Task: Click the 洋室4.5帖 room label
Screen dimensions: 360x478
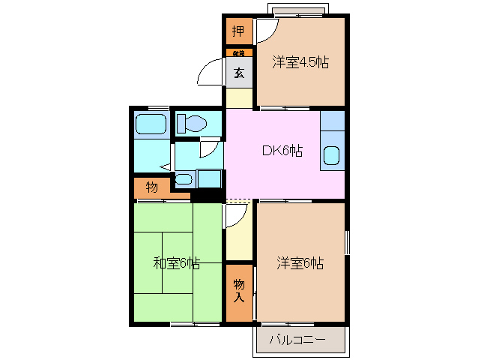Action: pyautogui.click(x=300, y=63)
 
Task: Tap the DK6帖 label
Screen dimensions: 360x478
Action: pyautogui.click(x=282, y=151)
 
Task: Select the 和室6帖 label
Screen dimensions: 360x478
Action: pyautogui.click(x=177, y=263)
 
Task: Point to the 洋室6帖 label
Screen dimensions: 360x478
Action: pyautogui.click(x=300, y=263)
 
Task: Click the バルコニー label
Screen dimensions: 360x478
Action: pyautogui.click(x=297, y=340)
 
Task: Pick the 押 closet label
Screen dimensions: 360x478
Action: pyautogui.click(x=238, y=32)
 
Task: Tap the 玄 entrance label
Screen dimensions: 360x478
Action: pyautogui.click(x=238, y=73)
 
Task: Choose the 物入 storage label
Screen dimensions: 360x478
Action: pyautogui.click(x=239, y=291)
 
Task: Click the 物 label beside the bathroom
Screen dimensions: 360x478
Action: pyautogui.click(x=152, y=187)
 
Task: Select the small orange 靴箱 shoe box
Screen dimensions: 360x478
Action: pyautogui.click(x=238, y=53)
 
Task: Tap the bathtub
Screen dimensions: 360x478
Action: pyautogui.click(x=151, y=124)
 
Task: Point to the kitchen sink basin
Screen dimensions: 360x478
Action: pyautogui.click(x=331, y=155)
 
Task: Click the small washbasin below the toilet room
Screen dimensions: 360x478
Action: pyautogui.click(x=184, y=179)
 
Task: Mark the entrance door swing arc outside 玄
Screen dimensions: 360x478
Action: pyautogui.click(x=208, y=75)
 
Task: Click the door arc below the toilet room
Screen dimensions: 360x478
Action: pyautogui.click(x=209, y=148)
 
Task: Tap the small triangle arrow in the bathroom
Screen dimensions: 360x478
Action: pyautogui.click(x=165, y=166)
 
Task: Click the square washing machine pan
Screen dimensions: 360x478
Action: pyautogui.click(x=209, y=178)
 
